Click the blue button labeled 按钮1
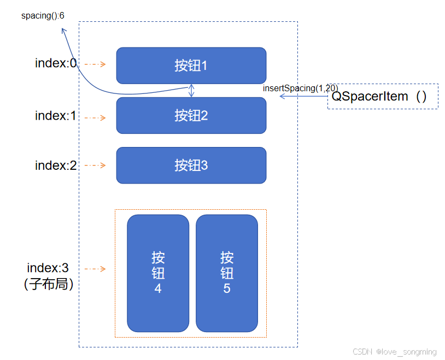pyautogui.click(x=191, y=66)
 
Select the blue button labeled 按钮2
pyautogui.click(x=191, y=115)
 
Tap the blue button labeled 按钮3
pyautogui.click(x=191, y=165)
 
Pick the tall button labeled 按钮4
pyautogui.click(x=158, y=273)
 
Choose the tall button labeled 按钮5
pyautogui.click(x=226, y=273)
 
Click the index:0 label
pyautogui.click(x=56, y=63)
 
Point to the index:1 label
pyautogui.click(x=56, y=116)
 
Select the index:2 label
pyautogui.click(x=56, y=166)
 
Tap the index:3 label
pyautogui.click(x=48, y=268)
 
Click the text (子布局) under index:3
pyautogui.click(x=49, y=284)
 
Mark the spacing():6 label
pyautogui.click(x=43, y=15)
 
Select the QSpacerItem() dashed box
pyautogui.click(x=382, y=97)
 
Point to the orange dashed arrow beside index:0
pyautogui.click(x=95, y=64)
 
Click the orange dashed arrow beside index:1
pyautogui.click(x=95, y=117)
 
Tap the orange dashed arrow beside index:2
pyautogui.click(x=95, y=165)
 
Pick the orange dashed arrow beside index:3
pyautogui.click(x=95, y=269)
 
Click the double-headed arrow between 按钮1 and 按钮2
pyautogui.click(x=191, y=90)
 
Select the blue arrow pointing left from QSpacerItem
pyautogui.click(x=303, y=97)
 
